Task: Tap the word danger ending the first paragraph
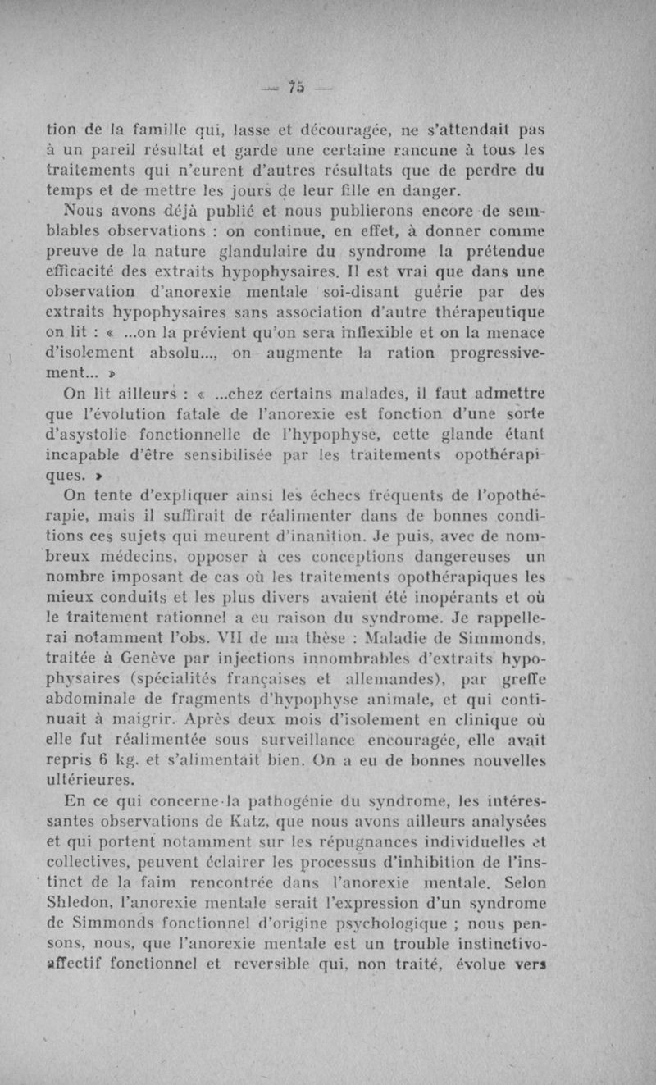(x=426, y=193)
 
